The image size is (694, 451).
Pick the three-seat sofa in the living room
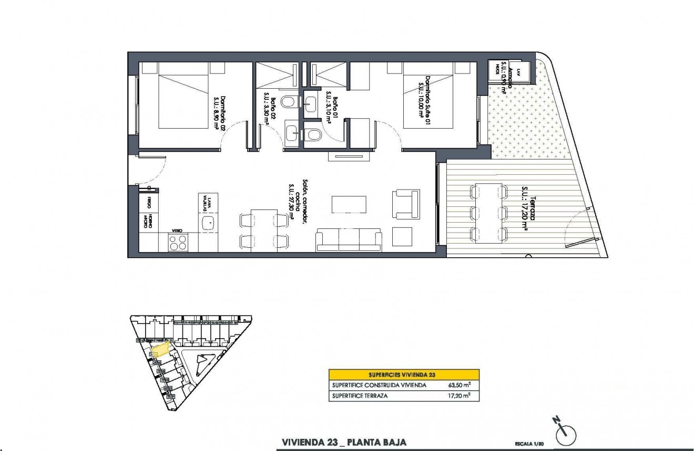tap(349, 239)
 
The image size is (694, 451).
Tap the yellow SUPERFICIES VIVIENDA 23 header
tap(404, 375)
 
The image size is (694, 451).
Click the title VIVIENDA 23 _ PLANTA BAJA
tap(344, 442)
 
